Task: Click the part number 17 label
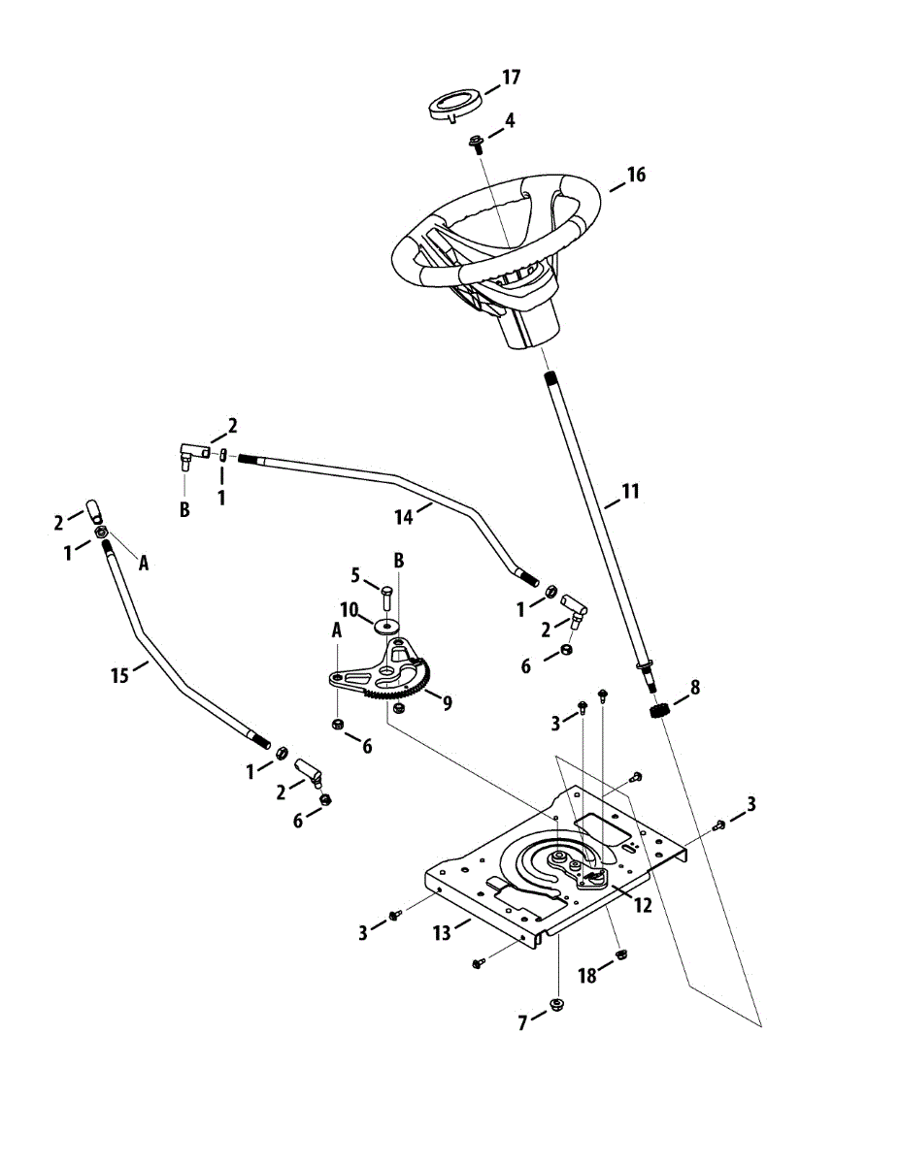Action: (511, 78)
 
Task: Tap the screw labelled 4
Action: (477, 145)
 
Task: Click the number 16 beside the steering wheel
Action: (636, 175)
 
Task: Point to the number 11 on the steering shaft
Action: (630, 492)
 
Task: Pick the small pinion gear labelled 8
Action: (660, 713)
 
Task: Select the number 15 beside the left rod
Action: (119, 675)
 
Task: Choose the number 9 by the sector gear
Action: (447, 703)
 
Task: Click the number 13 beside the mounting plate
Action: (443, 933)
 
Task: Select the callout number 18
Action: (588, 976)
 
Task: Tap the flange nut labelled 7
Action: (557, 1002)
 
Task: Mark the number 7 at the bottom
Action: (523, 1022)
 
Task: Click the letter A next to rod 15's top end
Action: (144, 563)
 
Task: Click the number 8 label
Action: (694, 687)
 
